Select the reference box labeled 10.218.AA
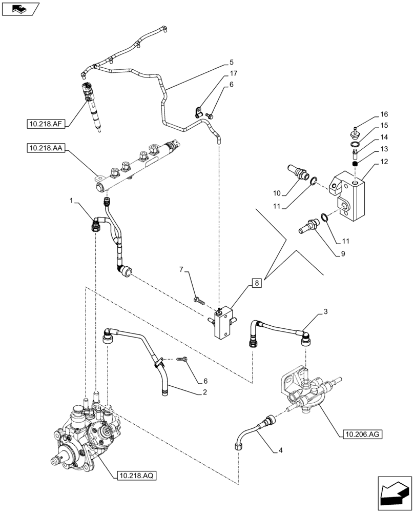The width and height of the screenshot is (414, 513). (x=45, y=149)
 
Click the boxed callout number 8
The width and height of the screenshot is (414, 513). (x=257, y=282)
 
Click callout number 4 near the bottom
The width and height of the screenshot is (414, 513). (x=280, y=451)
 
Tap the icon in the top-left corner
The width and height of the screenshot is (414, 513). (x=20, y=9)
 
